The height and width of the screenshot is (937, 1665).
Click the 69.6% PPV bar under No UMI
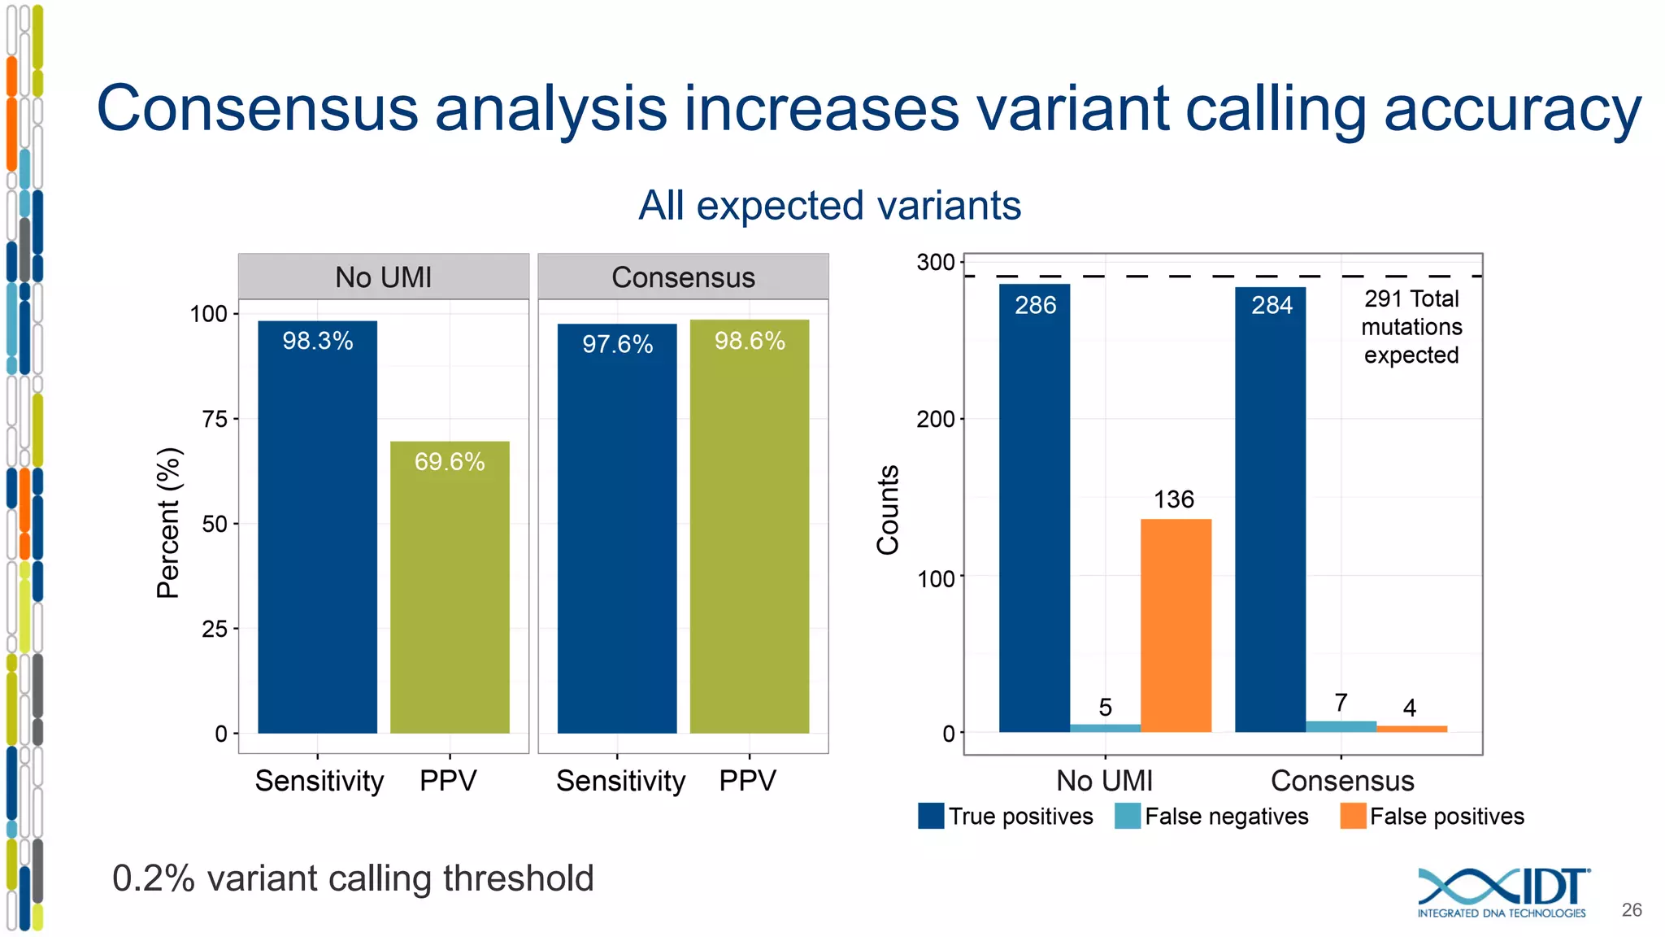[x=450, y=587]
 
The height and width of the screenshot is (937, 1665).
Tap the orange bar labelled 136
[x=1176, y=625]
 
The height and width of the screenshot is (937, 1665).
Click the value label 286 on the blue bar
[x=1035, y=305]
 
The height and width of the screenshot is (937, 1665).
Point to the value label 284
[x=1272, y=305]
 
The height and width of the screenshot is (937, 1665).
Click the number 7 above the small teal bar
[x=1341, y=702]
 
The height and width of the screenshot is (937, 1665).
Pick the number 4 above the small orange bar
[x=1410, y=708]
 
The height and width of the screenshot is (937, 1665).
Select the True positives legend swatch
[x=931, y=816]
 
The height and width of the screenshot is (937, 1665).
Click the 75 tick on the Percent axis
[x=215, y=419]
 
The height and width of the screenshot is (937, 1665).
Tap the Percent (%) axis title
[x=168, y=523]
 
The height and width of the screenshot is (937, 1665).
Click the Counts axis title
[x=888, y=510]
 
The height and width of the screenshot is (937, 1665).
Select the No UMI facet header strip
[x=383, y=277]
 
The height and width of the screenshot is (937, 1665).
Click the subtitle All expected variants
[x=829, y=205]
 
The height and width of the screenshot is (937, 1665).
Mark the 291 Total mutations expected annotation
[x=1411, y=327]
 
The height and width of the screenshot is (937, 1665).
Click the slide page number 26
[x=1631, y=910]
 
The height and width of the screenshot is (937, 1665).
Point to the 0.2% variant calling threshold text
[x=353, y=878]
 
